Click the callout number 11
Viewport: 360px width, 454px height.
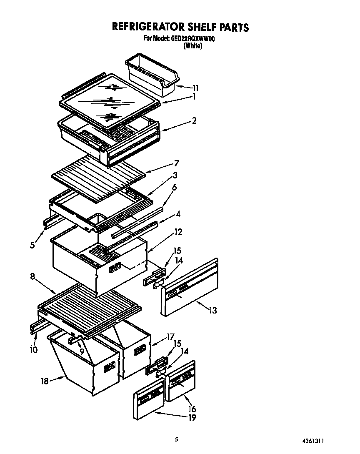tap(195, 88)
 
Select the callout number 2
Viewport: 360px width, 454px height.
tap(194, 120)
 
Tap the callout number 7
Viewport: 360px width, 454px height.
tap(176, 163)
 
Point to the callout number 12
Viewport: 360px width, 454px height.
tap(178, 232)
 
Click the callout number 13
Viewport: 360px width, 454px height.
tap(212, 310)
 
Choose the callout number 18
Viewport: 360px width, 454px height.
tap(45, 380)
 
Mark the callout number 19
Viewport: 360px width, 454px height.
tap(192, 417)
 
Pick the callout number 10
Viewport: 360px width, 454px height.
tap(33, 349)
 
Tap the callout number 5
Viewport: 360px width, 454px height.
tap(32, 245)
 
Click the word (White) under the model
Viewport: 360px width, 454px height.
tap(192, 46)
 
